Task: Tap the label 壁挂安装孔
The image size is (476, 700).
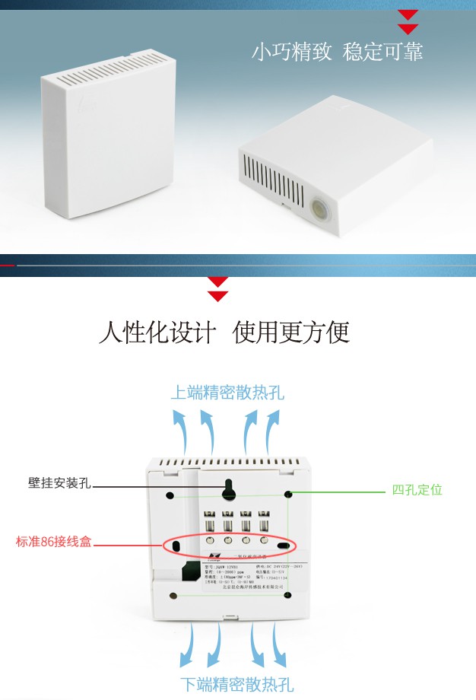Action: tap(59, 483)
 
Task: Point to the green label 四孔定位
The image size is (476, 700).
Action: tap(417, 490)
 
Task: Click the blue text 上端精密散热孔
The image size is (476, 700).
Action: tap(227, 393)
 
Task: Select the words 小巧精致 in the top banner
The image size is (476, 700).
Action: tap(292, 52)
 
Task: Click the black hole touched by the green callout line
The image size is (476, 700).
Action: tap(288, 495)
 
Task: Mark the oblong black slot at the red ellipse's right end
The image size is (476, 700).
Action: tap(283, 546)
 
